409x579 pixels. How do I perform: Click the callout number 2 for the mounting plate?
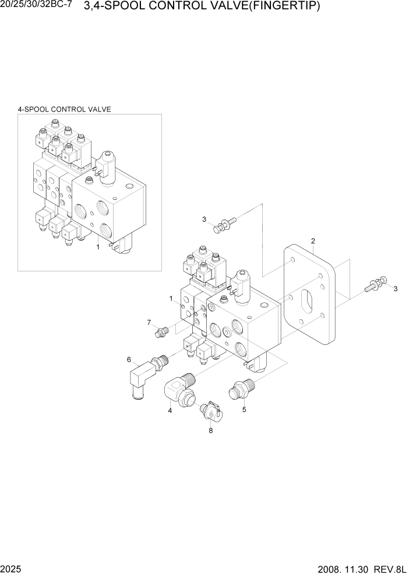pos(313,241)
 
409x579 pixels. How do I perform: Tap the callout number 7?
pos(149,322)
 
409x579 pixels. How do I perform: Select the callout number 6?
pos(129,360)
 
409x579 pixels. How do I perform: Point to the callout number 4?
pos(170,411)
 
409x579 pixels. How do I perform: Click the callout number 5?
pos(244,409)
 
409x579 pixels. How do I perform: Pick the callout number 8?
pos(210,431)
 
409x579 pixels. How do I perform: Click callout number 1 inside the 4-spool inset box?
pos(98,247)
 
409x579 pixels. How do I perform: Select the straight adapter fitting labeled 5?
pos(240,389)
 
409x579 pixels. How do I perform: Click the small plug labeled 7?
pos(160,333)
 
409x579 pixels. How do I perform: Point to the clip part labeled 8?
pos(211,411)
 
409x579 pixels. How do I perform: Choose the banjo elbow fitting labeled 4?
pos(182,389)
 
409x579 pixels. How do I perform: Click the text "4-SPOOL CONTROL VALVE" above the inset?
pos(65,109)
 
